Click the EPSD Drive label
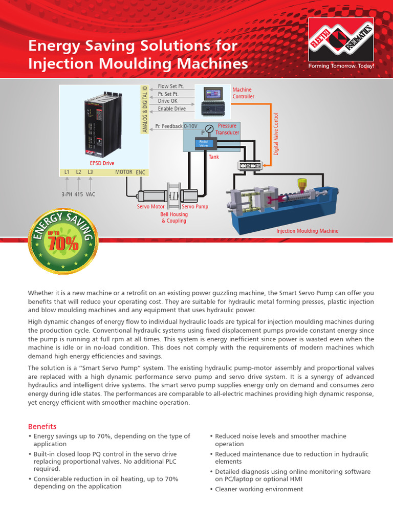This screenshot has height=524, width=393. [102, 163]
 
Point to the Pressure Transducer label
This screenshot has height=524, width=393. [227, 129]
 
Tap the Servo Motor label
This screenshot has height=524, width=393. [150, 207]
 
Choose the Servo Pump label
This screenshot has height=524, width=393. [195, 207]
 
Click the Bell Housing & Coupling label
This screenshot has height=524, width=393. [174, 217]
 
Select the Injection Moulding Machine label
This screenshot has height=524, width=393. [307, 231]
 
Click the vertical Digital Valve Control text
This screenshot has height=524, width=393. [276, 134]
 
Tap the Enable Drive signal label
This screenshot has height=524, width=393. [171, 108]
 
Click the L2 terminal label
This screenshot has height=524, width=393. [79, 172]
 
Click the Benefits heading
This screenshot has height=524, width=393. [42, 426]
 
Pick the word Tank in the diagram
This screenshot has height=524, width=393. [213, 157]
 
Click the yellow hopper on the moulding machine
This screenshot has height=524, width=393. [302, 183]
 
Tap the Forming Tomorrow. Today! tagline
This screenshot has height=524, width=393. [341, 67]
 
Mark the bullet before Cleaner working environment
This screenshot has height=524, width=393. [211, 489]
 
